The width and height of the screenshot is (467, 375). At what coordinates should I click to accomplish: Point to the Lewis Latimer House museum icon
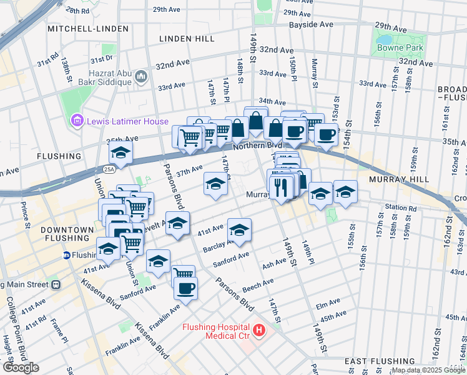(x=77, y=120)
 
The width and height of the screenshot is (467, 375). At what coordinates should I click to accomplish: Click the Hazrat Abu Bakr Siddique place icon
(x=140, y=77)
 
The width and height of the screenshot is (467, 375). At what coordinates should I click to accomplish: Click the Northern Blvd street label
(x=258, y=145)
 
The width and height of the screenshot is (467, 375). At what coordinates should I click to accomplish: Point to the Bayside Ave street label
(x=311, y=25)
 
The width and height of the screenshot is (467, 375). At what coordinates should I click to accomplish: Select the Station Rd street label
(x=400, y=207)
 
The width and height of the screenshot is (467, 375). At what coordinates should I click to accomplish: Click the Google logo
(x=21, y=367)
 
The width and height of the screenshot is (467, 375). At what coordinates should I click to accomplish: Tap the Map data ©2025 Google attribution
(x=428, y=370)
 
